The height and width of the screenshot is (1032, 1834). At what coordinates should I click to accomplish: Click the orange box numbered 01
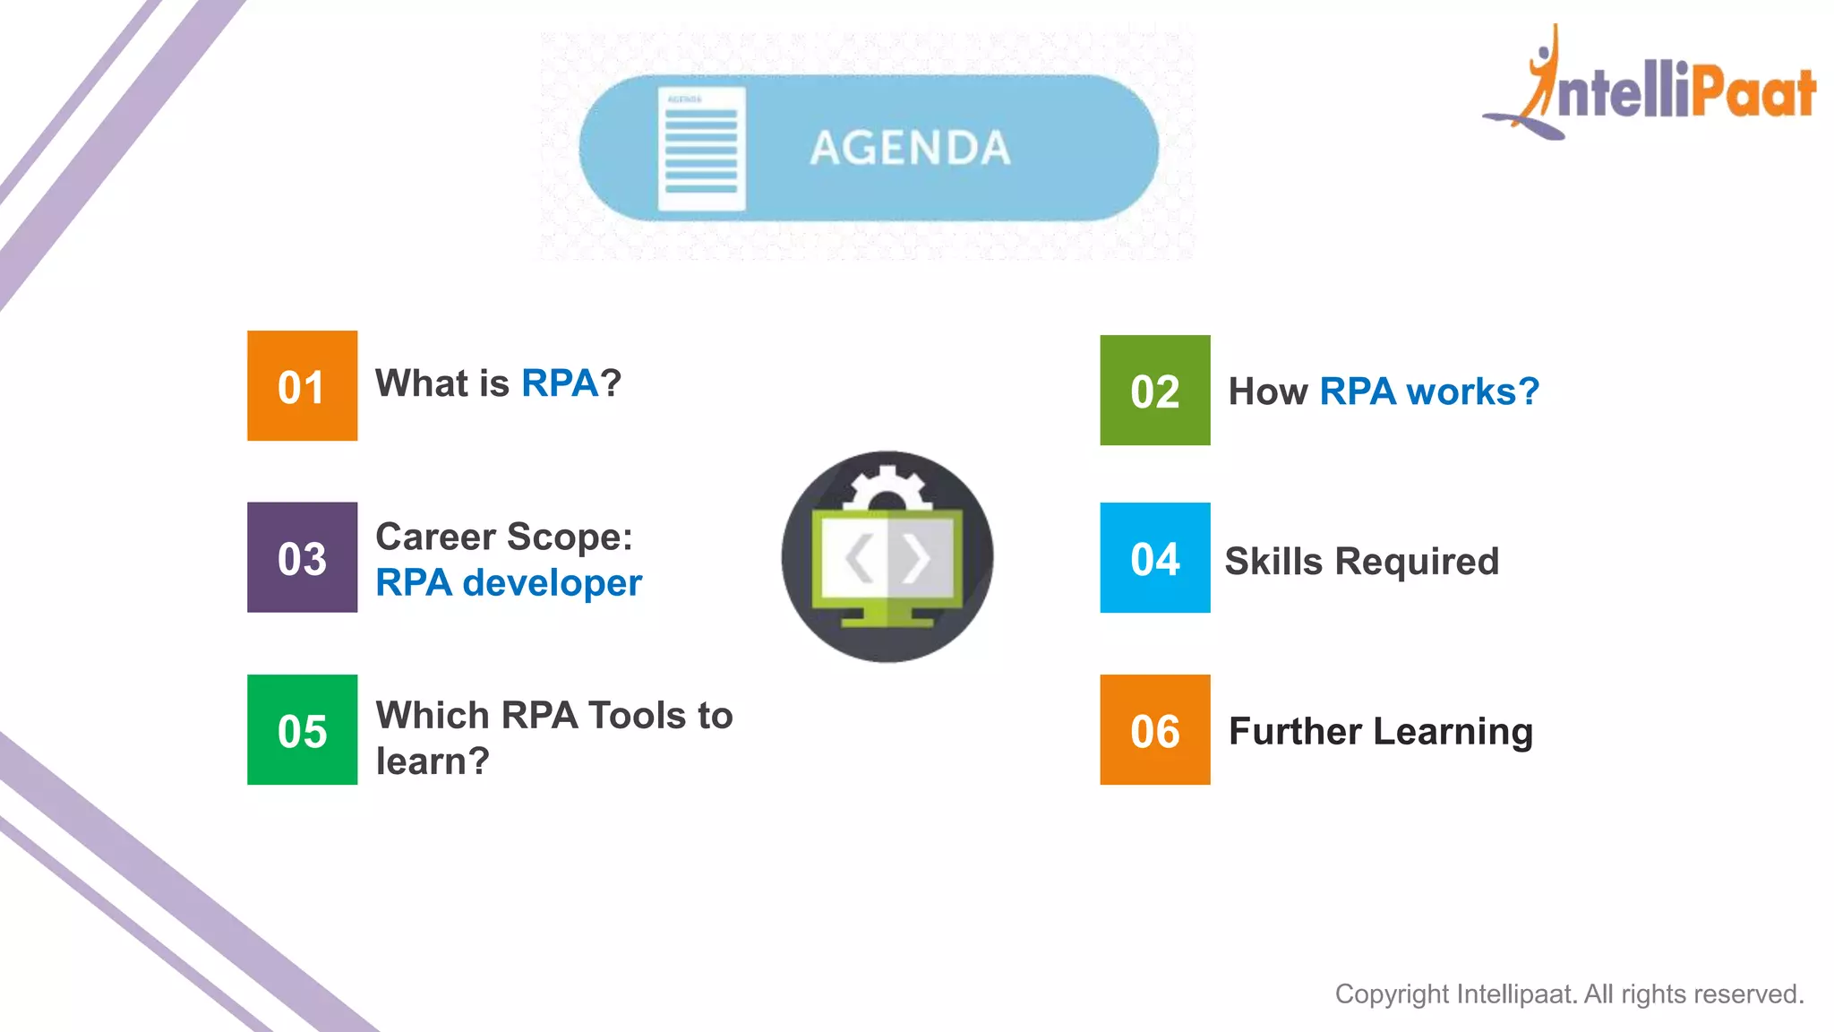(x=302, y=385)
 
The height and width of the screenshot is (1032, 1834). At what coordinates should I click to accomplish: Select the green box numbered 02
(x=1154, y=391)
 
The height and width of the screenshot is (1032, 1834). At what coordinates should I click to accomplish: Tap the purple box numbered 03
(x=302, y=557)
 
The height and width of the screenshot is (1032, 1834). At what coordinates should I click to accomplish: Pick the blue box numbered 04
(x=1154, y=557)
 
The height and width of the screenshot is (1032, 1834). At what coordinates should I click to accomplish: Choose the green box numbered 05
(x=302, y=729)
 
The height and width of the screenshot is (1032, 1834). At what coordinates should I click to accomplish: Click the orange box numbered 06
(x=1154, y=729)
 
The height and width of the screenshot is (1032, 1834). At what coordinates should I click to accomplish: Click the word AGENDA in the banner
(x=910, y=148)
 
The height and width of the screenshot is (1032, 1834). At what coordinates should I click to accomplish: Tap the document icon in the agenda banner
(x=701, y=149)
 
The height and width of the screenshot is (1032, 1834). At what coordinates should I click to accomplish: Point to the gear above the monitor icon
(x=886, y=488)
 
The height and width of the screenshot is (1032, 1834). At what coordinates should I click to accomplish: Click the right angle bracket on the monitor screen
(x=916, y=558)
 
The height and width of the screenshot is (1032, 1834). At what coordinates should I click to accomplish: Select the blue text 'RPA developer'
(x=508, y=583)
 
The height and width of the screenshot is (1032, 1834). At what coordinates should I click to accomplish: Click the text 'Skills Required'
(x=1361, y=562)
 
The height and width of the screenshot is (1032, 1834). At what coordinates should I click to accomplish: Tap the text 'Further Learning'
(x=1380, y=732)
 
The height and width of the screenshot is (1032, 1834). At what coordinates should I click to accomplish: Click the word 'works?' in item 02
(x=1472, y=391)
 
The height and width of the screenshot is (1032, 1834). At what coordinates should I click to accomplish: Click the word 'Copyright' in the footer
(x=1392, y=994)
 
